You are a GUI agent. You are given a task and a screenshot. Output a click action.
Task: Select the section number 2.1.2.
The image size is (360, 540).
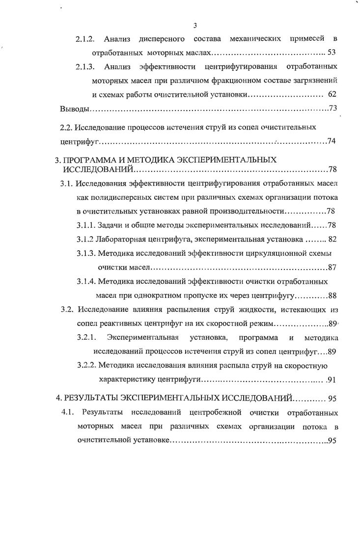[x=87, y=39]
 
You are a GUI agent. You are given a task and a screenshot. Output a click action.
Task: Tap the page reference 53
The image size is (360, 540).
[x=331, y=52]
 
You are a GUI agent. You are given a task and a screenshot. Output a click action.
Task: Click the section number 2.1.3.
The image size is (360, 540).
[x=87, y=66]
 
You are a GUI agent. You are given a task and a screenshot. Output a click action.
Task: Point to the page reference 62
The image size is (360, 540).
[x=332, y=94]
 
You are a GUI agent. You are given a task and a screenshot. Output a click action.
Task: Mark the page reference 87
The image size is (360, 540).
[x=332, y=268]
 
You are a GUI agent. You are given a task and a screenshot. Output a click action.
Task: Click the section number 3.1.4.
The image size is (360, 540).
[x=86, y=282]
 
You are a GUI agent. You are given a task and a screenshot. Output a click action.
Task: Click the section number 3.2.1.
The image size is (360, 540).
[x=86, y=338]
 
